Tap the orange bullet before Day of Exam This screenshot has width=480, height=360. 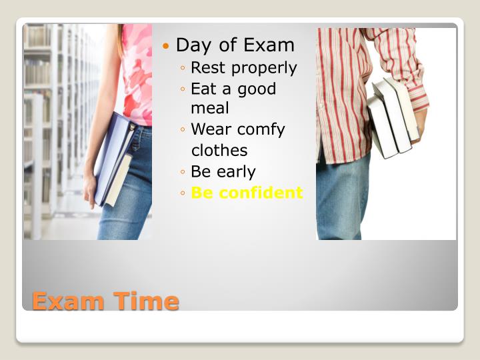click(166, 46)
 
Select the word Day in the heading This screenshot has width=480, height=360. click(193, 45)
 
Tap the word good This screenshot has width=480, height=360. click(257, 89)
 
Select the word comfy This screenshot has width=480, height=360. click(262, 129)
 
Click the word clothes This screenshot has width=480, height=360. click(219, 151)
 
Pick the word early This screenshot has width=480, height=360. click(233, 172)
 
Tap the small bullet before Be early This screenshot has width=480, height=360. click(183, 172)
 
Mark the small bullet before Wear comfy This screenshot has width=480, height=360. click(183, 130)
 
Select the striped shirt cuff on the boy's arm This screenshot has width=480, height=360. click(418, 100)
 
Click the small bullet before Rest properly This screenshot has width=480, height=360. click(183, 68)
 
